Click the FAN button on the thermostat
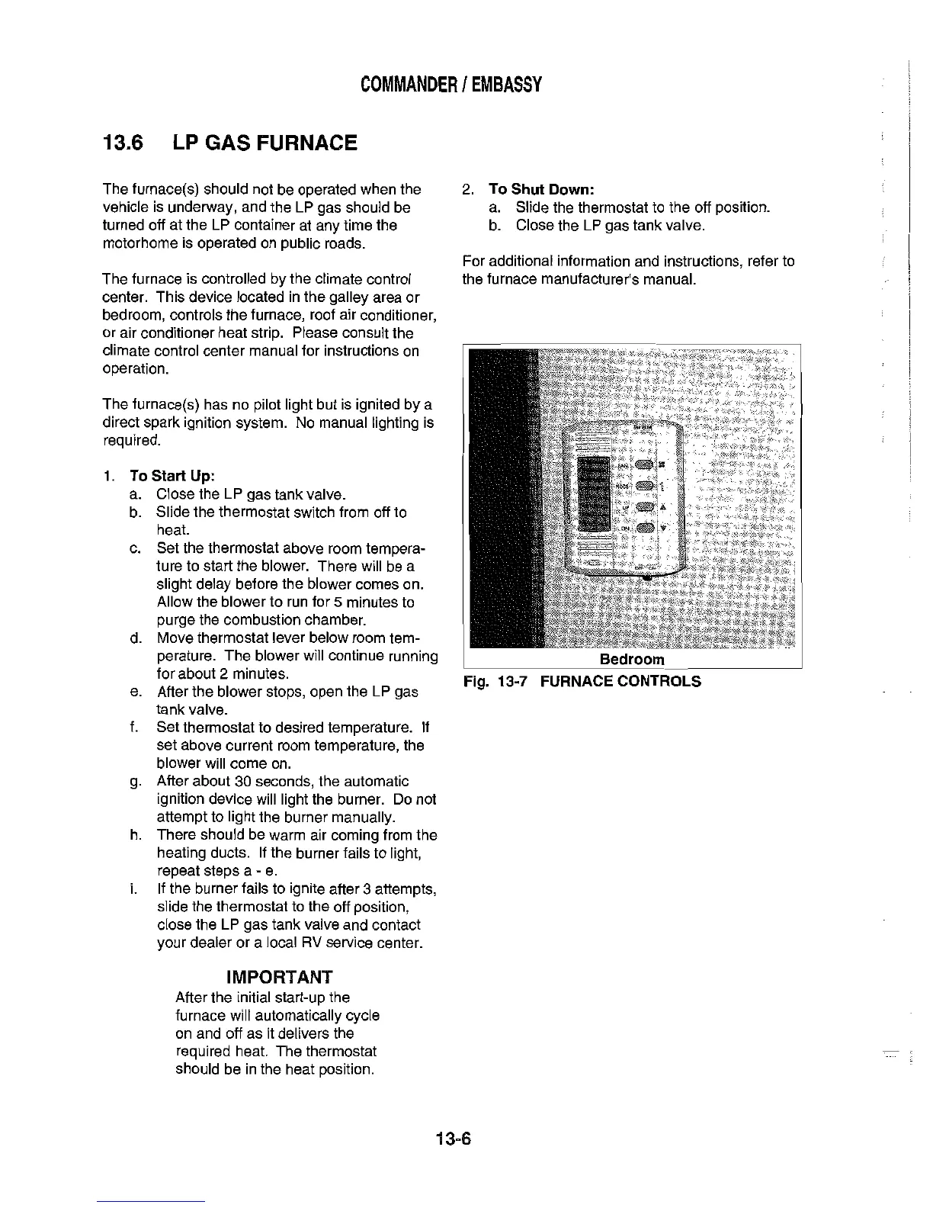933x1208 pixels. (644, 466)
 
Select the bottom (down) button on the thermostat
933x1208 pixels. (646, 527)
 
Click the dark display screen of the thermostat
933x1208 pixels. (595, 494)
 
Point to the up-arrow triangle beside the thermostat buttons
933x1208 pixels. (662, 507)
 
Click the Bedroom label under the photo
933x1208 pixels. (632, 660)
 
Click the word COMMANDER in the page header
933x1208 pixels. (408, 84)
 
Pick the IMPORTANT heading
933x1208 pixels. (280, 977)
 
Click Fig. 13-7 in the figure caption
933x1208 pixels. (497, 681)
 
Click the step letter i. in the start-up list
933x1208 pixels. (133, 889)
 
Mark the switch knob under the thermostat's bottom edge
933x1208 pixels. (646, 579)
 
